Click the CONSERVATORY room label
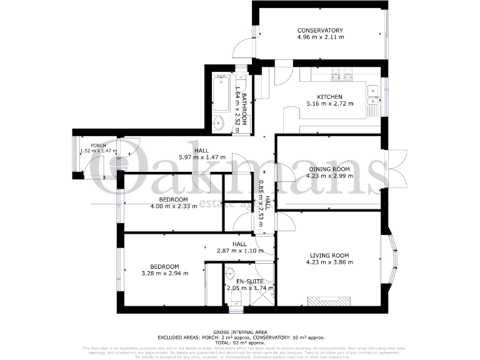point(320,30)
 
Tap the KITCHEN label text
point(329,97)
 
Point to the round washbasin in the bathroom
point(219,122)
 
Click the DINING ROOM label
point(329,169)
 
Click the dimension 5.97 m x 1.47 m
point(201,158)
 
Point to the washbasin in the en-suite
point(229,272)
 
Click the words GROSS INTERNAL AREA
point(239,332)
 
